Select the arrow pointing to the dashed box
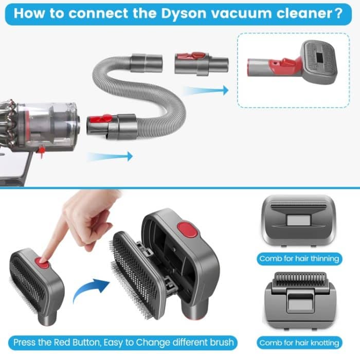(206, 91)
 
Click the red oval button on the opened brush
(183, 228)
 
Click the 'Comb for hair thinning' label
(299, 259)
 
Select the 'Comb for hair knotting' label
(299, 343)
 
